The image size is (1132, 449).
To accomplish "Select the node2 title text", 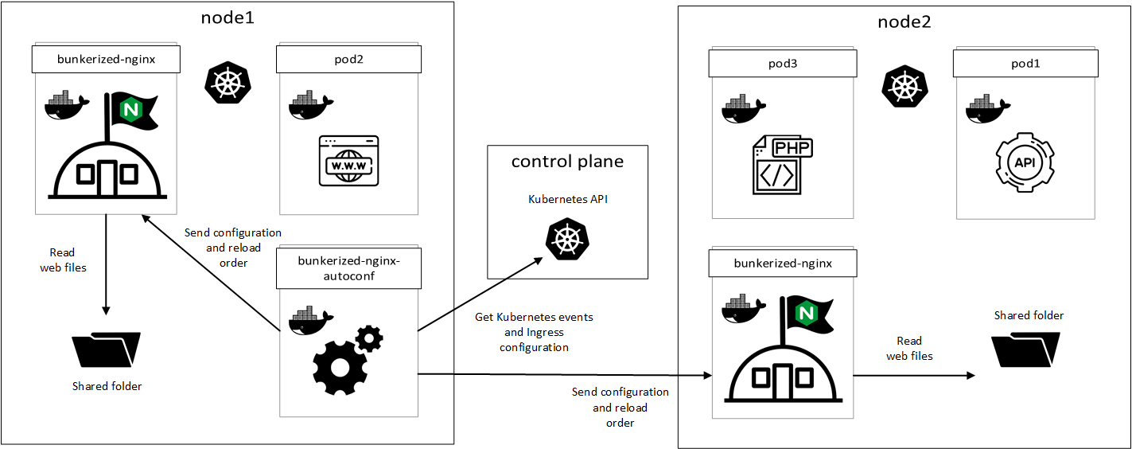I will [904, 22].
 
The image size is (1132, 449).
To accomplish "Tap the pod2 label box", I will [348, 59].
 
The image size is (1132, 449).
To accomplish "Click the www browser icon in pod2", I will [348, 161].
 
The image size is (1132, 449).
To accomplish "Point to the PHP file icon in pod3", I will [782, 166].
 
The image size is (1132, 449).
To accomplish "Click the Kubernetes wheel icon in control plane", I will [566, 240].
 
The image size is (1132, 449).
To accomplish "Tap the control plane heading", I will [567, 162].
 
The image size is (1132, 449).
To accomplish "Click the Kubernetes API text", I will [566, 198].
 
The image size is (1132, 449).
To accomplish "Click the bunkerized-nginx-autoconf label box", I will [348, 267].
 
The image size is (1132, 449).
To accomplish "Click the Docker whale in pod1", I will [986, 108].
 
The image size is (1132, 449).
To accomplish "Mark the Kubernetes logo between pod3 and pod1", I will [904, 85].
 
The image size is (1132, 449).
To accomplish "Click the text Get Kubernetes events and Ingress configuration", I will [534, 332].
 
